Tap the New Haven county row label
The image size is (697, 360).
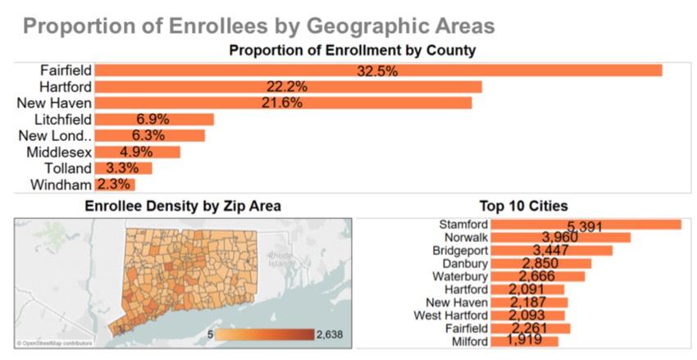[x=54, y=103]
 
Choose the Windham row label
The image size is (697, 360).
[x=61, y=185]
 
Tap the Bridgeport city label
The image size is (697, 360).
[x=460, y=250]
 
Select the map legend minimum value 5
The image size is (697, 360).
[x=211, y=335]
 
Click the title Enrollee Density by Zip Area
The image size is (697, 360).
[x=183, y=207]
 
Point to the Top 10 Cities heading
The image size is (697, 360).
[x=523, y=207]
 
